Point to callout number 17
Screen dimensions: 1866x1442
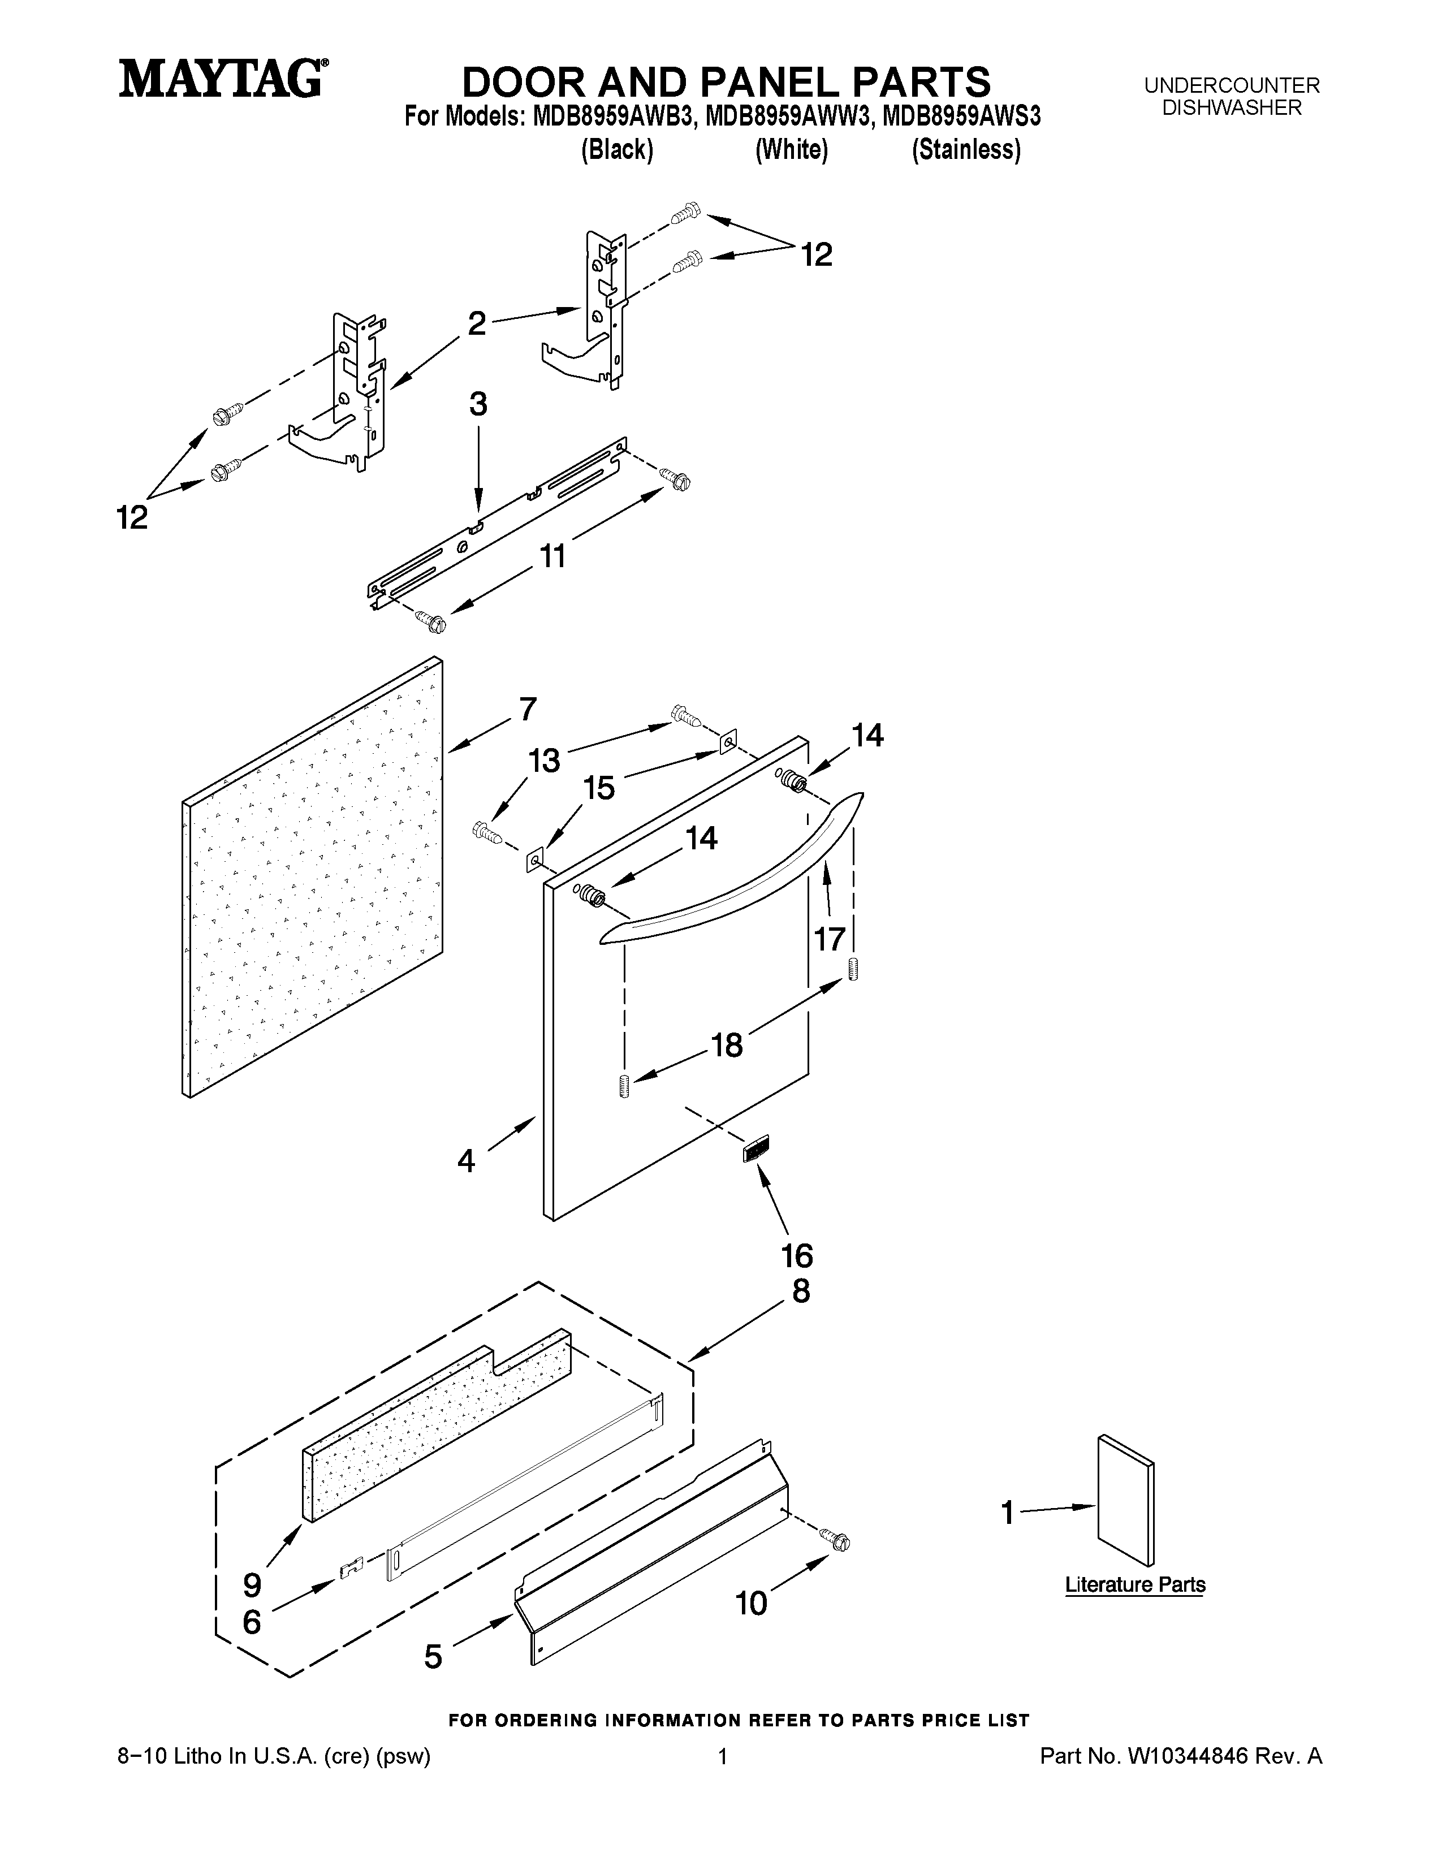tap(830, 939)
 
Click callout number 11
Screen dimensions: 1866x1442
tap(552, 557)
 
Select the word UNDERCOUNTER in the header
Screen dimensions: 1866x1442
tap(1232, 85)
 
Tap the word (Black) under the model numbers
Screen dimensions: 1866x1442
tap(617, 150)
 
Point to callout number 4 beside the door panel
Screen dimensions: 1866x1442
tap(467, 1160)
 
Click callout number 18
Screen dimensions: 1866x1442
tap(727, 1044)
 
